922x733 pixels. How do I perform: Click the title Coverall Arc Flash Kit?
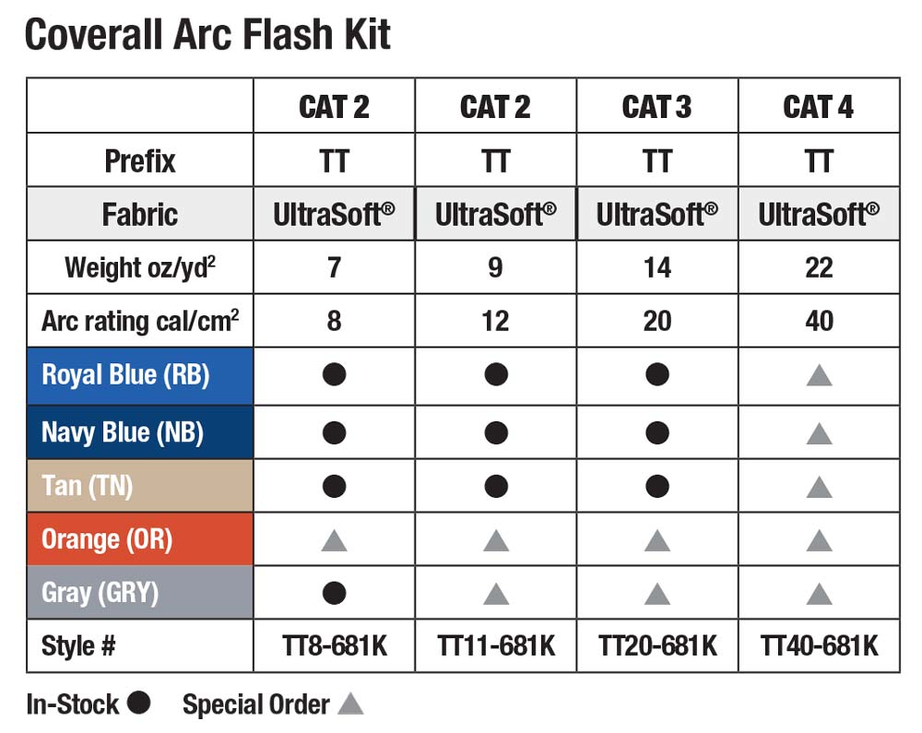[207, 34]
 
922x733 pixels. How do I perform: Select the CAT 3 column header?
[656, 107]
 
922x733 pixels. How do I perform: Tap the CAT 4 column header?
[819, 107]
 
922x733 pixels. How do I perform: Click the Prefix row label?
[140, 161]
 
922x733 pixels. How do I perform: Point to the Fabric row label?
[140, 214]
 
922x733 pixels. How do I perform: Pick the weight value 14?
[656, 268]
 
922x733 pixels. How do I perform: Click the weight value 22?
[819, 268]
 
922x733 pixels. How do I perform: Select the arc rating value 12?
[495, 321]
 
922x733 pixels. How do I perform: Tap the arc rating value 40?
[819, 321]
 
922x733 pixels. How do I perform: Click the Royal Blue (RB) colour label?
[125, 375]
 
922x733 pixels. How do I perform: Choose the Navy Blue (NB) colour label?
[123, 432]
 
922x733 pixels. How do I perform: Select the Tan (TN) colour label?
[87, 486]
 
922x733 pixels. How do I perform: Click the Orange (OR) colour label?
[107, 539]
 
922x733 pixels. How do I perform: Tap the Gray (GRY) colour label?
[100, 593]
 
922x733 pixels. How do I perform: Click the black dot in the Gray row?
[334, 593]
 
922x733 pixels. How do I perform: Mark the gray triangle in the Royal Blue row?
[819, 376]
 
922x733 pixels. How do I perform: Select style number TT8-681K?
[334, 646]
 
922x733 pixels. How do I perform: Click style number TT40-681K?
[819, 646]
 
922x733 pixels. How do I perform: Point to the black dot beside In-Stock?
[139, 703]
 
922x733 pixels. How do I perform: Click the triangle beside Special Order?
[350, 704]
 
